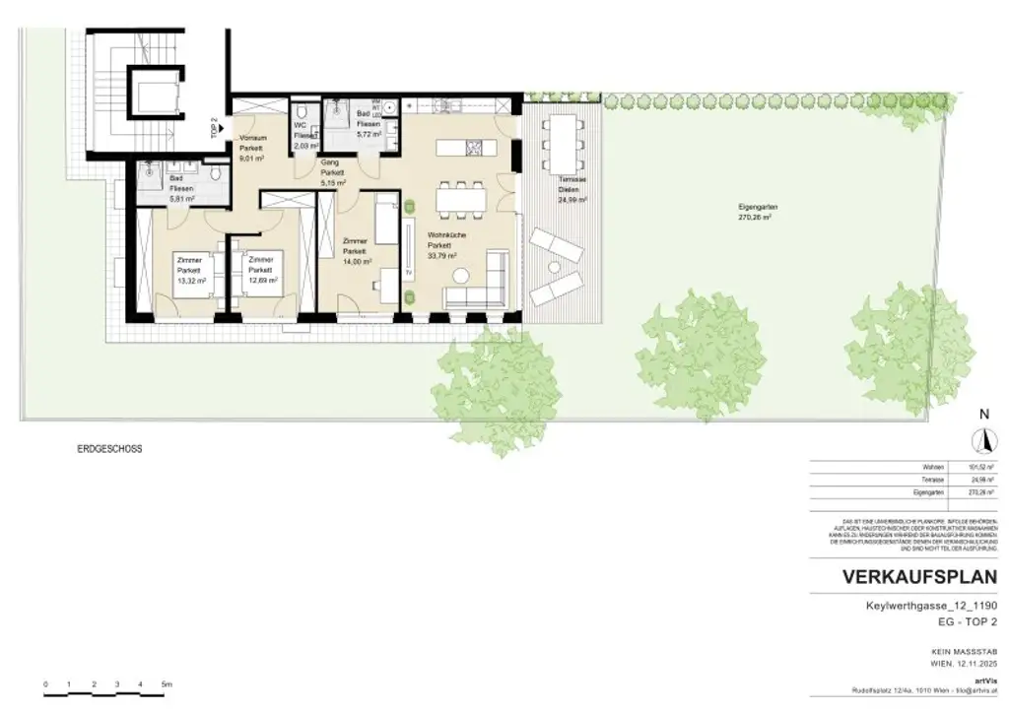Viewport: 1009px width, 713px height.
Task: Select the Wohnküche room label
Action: [x=445, y=236]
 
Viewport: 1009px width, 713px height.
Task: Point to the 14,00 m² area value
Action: [x=356, y=262]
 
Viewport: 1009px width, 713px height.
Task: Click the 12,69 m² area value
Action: [x=261, y=281]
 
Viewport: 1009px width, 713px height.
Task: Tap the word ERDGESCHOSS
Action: [x=109, y=449]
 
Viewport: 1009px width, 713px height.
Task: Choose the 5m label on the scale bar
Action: [x=167, y=683]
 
